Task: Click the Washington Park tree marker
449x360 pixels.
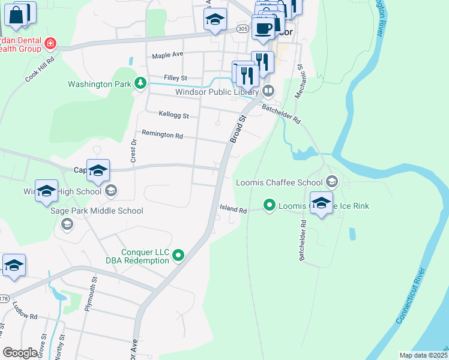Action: coord(140,83)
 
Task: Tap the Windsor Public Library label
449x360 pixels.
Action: coord(217,92)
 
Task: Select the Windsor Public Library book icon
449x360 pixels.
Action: coord(268,92)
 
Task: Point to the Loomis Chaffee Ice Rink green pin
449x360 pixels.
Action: coord(270,206)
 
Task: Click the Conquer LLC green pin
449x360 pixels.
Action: coord(178,256)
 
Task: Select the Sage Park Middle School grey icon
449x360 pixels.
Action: coord(67,224)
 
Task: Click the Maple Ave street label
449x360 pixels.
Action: coord(167,55)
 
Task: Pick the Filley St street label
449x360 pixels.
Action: coord(176,78)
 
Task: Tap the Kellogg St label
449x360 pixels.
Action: coord(173,114)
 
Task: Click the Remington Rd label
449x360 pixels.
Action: coord(162,135)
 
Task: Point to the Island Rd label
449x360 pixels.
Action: coord(233,210)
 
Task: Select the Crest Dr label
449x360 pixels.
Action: coord(133,151)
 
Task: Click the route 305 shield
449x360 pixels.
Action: coord(243,29)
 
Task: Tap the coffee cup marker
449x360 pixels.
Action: coord(263,27)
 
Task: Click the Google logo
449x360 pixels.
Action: coord(20,353)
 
